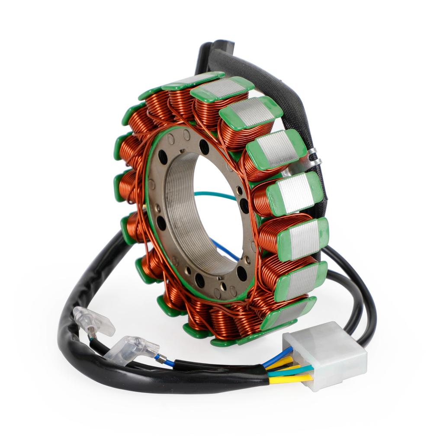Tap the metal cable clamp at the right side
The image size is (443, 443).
pos(312,158)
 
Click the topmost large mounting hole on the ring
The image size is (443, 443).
pos(204,147)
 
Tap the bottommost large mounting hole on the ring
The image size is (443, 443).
pos(199,280)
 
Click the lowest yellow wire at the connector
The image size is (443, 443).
pos(290,379)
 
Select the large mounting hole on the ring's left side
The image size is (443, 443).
pos(161,223)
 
